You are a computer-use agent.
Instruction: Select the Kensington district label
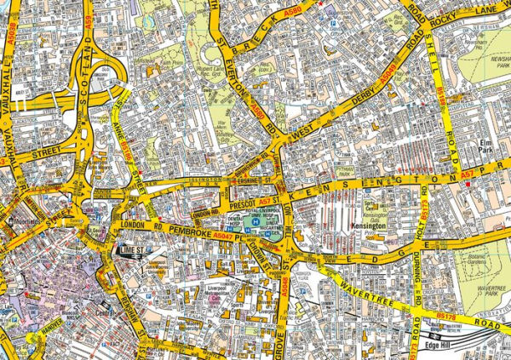click(x=369, y=227)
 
